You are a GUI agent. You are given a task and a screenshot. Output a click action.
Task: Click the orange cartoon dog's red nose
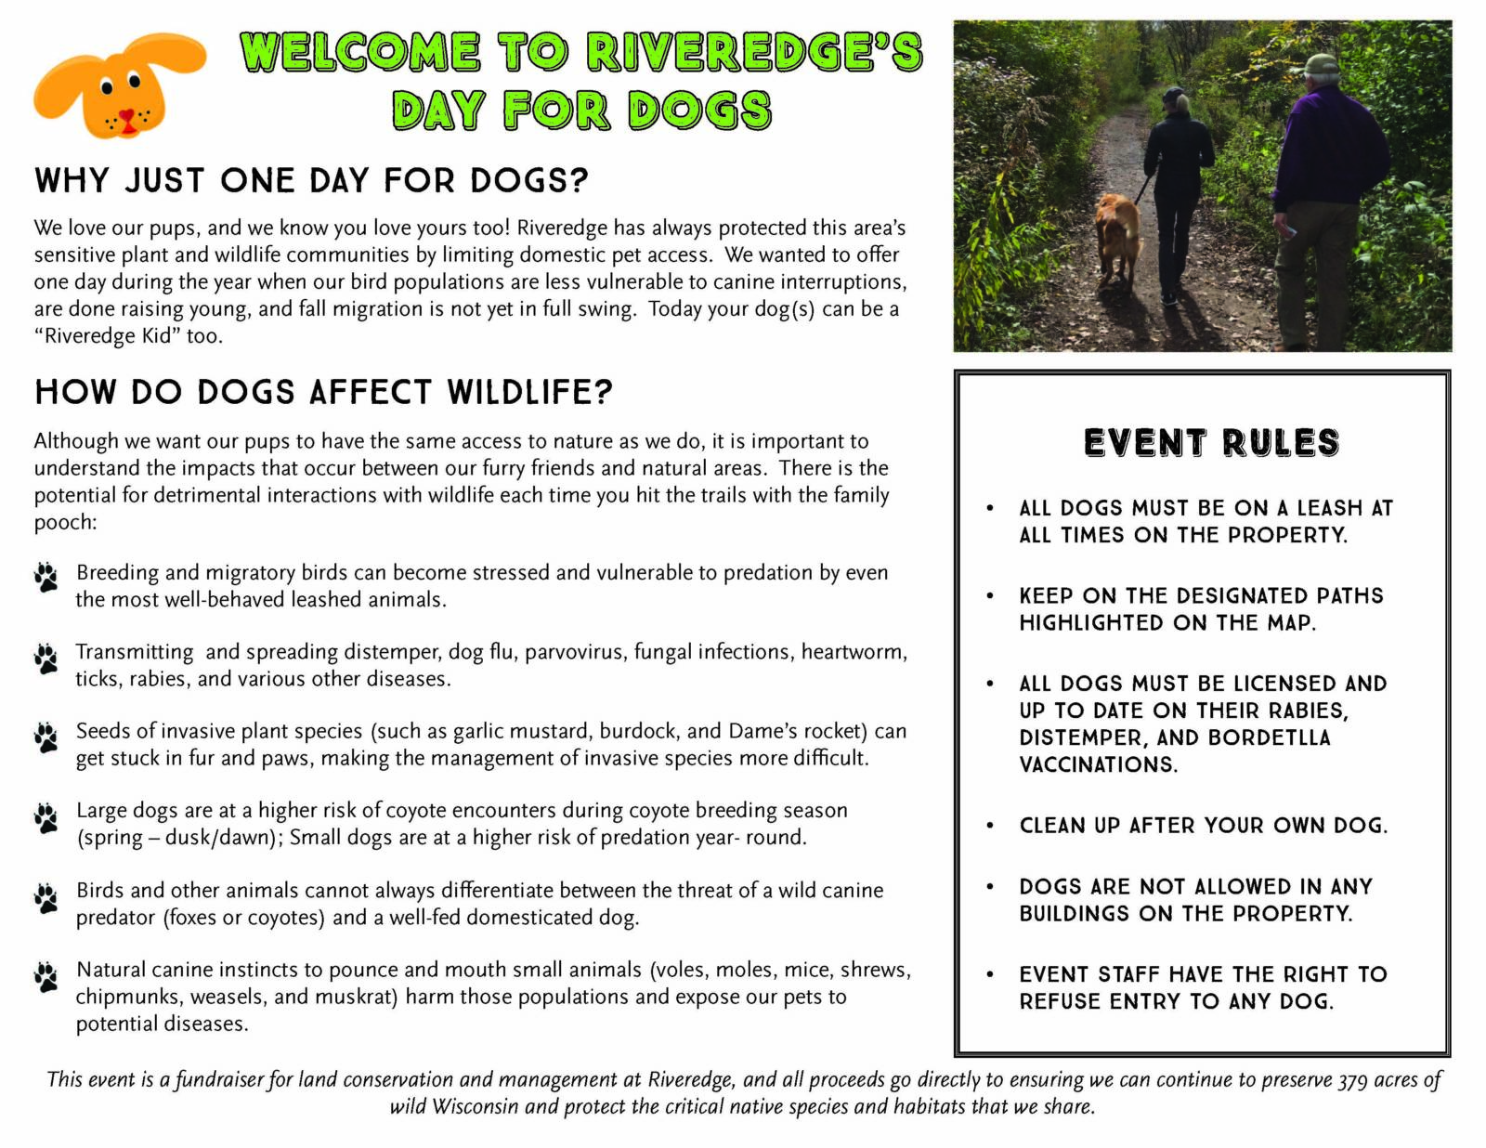tap(126, 115)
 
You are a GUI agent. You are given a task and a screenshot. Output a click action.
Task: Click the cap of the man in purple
tap(1318, 64)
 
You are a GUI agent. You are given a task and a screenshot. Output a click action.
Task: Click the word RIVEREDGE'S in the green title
tap(755, 52)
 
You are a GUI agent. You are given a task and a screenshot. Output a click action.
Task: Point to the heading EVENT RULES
tap(1211, 442)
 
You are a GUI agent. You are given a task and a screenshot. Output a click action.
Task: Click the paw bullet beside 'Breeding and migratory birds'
tap(46, 578)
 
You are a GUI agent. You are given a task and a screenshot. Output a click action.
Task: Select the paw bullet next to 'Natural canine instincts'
tap(46, 977)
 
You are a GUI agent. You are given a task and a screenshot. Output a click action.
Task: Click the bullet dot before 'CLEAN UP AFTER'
tap(989, 826)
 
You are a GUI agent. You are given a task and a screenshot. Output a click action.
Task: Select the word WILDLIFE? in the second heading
tap(530, 393)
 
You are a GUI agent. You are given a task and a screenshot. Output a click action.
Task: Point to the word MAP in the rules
tap(1290, 623)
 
